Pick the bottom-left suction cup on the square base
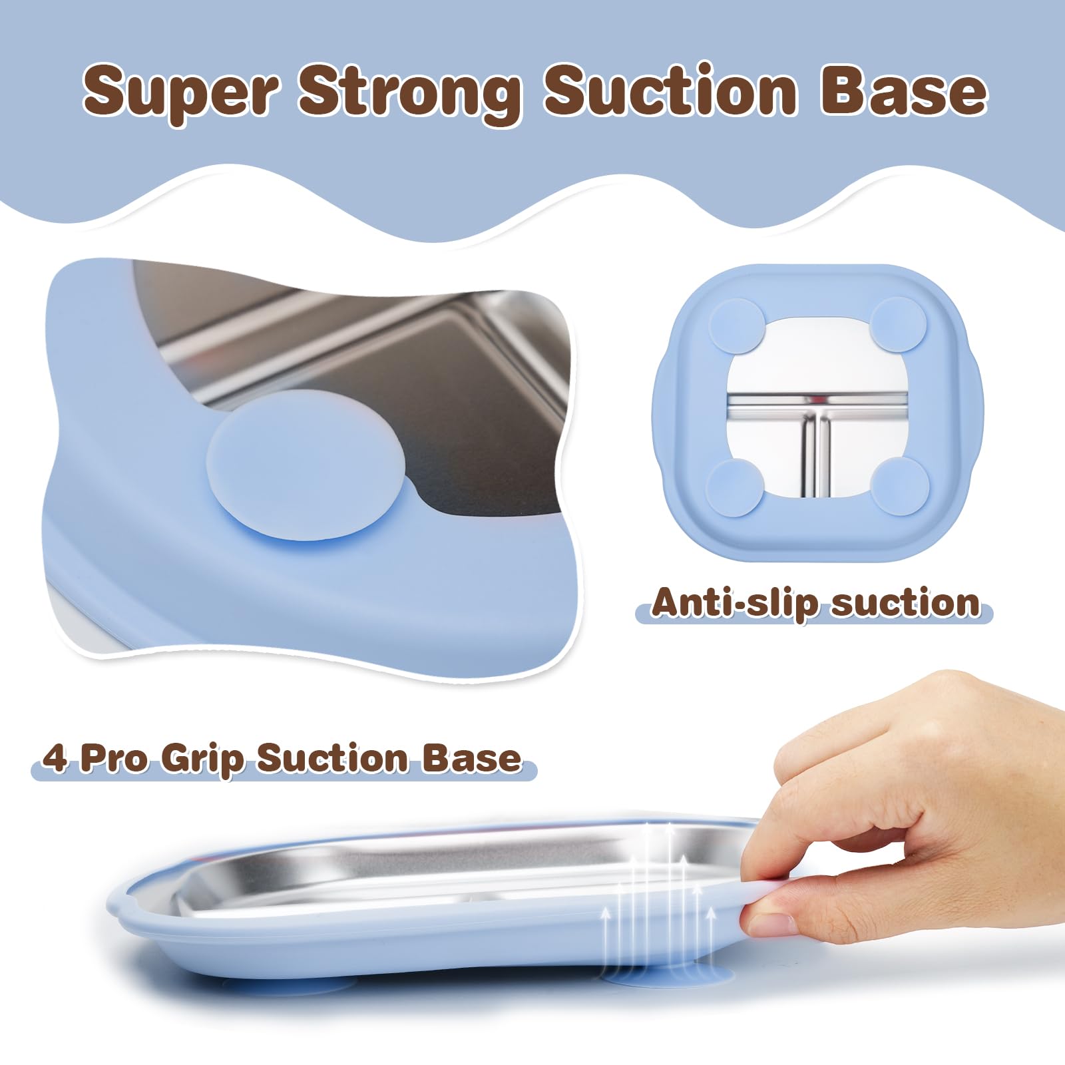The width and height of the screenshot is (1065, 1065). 734,487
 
